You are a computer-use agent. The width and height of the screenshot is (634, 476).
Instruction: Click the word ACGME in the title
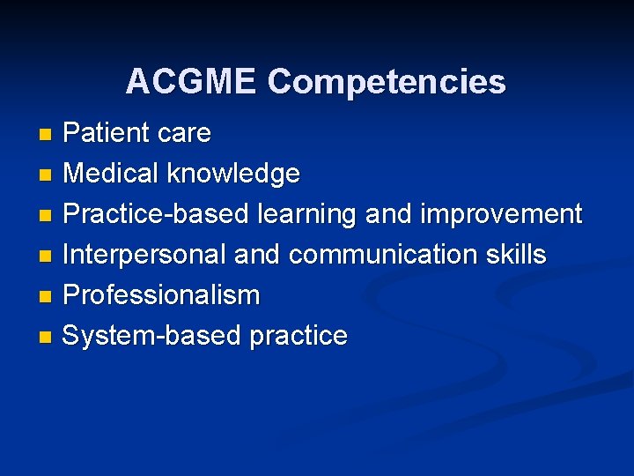[191, 82]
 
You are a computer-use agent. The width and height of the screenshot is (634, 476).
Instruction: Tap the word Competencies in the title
[387, 83]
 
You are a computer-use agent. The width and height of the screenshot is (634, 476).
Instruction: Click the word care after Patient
[183, 133]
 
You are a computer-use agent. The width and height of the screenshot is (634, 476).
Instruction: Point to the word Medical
[113, 174]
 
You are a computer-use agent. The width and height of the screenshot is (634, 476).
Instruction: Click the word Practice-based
[156, 214]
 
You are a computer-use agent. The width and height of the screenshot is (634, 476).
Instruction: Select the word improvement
[501, 214]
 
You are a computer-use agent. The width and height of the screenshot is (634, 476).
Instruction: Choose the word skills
[517, 255]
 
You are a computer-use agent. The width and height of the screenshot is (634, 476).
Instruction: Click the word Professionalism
[161, 295]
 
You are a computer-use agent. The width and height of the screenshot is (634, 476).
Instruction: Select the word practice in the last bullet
[299, 336]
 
